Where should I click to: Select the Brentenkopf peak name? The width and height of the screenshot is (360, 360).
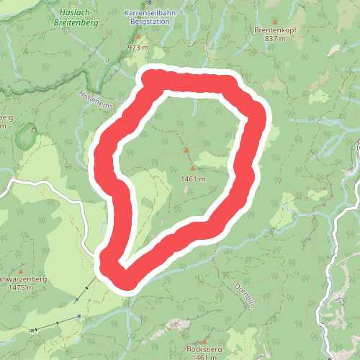[275, 30]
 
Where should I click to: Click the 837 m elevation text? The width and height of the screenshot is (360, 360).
[275, 39]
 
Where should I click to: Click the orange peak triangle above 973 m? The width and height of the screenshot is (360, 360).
[139, 35]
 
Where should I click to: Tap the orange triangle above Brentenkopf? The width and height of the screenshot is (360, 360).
[274, 21]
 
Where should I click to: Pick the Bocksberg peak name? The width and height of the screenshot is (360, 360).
[201, 349]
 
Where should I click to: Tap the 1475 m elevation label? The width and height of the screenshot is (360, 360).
[19, 288]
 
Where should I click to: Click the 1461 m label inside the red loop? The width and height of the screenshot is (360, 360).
[194, 179]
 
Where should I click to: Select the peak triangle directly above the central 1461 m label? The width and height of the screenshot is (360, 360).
[192, 168]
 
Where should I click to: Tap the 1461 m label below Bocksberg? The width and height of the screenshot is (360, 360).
[201, 357]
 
